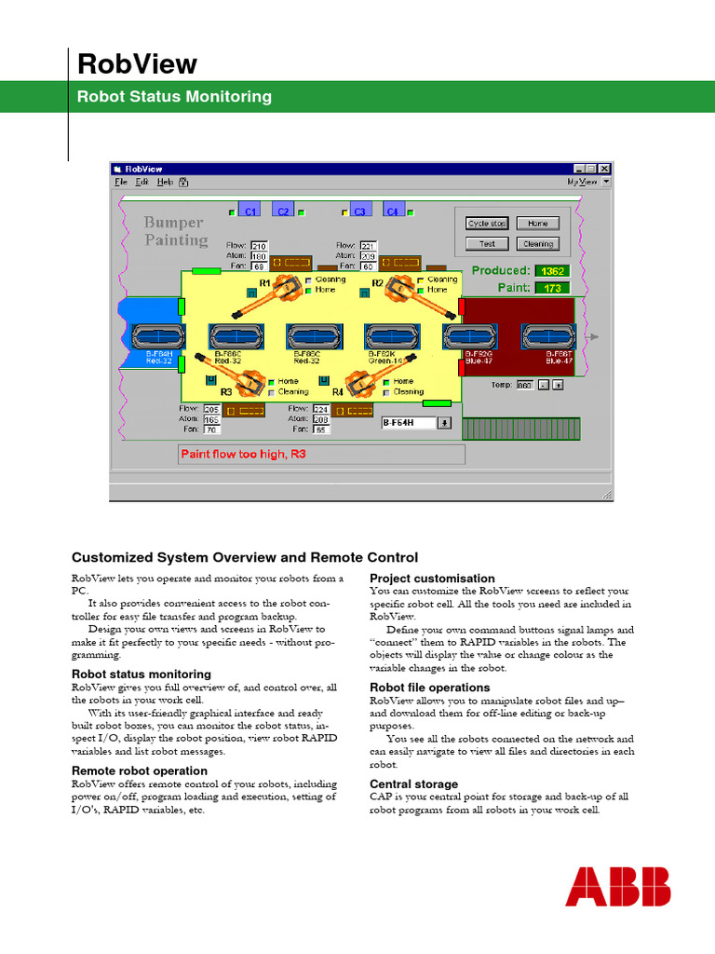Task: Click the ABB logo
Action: [x=617, y=886]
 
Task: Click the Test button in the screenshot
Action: [x=487, y=244]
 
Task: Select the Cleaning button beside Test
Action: [x=537, y=244]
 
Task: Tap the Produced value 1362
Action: [x=553, y=271]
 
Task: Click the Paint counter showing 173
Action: [x=553, y=289]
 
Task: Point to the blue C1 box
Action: [x=250, y=211]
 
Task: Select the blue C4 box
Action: [x=394, y=211]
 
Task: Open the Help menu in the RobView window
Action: [x=165, y=182]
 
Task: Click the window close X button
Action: [x=605, y=169]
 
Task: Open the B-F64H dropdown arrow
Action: [x=444, y=422]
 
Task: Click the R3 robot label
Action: [x=226, y=392]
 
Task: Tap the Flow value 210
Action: [x=260, y=246]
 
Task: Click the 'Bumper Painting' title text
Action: [x=176, y=231]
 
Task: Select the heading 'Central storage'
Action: [x=413, y=784]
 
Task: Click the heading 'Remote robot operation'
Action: [x=139, y=770]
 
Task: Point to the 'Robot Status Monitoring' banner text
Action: [x=174, y=96]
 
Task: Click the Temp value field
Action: [x=525, y=385]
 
